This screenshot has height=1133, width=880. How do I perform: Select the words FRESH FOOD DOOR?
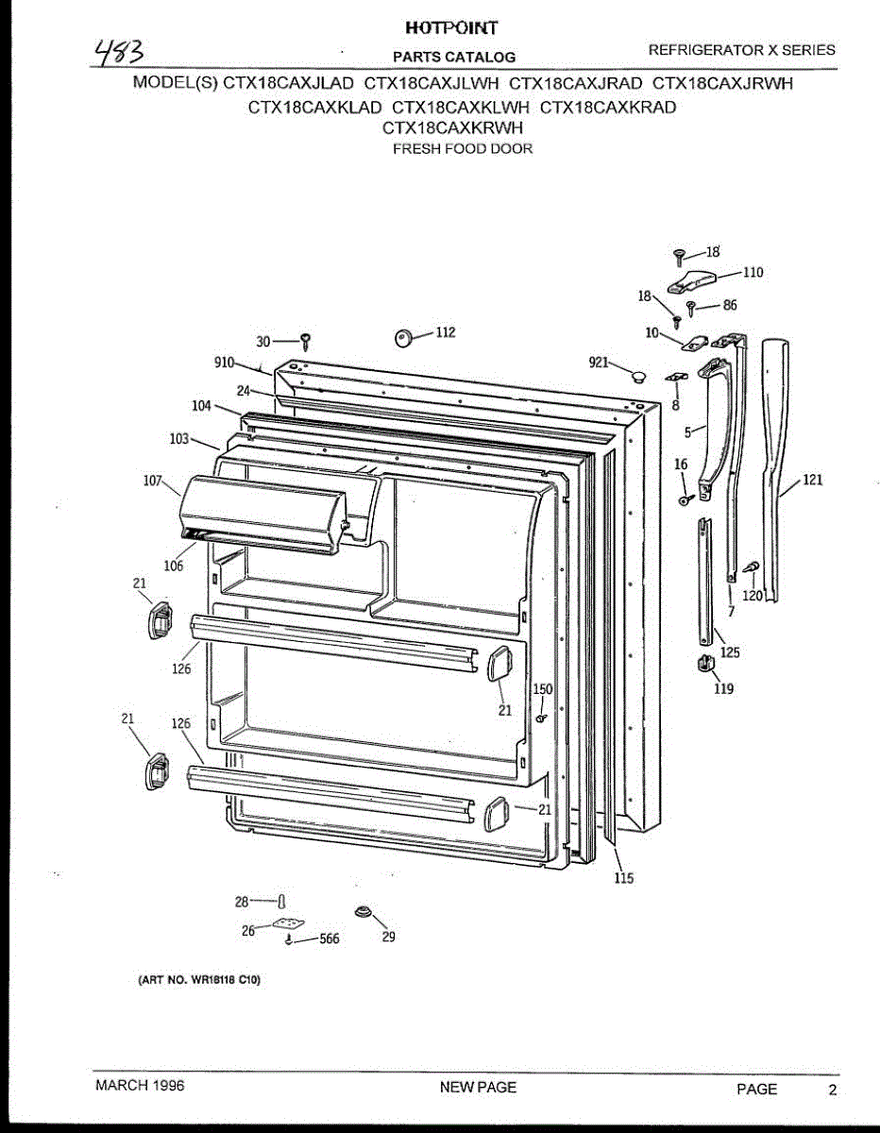(463, 149)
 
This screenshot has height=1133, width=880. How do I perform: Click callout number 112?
(445, 332)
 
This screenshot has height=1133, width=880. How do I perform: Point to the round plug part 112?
(404, 336)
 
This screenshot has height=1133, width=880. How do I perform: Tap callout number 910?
(224, 362)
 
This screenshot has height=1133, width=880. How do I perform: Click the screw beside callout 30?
(306, 341)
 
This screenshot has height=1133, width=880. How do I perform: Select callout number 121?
(812, 481)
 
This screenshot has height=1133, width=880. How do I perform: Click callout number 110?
(753, 273)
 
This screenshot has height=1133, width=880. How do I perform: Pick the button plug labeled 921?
(638, 377)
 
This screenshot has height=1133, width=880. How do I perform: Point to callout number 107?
(153, 480)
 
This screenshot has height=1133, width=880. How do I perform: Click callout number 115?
(623, 879)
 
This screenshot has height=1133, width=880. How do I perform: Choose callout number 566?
(329, 939)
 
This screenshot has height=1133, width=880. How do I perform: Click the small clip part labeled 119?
(703, 665)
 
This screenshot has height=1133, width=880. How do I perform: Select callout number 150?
(543, 690)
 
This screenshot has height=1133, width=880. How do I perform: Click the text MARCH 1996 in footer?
(141, 1086)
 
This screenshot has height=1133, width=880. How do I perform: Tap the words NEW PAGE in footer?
(478, 1088)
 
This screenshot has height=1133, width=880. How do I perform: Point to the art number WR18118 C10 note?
(193, 980)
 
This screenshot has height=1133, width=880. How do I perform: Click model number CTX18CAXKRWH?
(452, 128)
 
